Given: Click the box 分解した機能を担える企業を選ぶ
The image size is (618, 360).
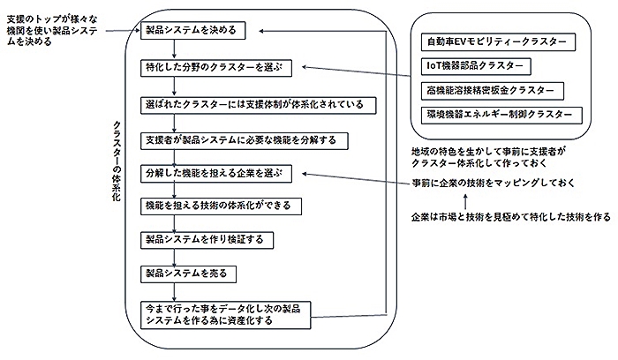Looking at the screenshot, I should [216, 172].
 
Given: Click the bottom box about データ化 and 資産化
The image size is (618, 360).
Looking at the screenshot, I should [228, 315].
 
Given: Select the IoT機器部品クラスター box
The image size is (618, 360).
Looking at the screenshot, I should [477, 66].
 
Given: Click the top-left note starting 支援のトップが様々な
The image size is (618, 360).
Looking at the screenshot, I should [52, 29].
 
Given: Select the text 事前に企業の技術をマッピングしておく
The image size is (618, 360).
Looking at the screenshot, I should [491, 183].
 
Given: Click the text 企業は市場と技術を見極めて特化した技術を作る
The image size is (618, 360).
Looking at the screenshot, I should [510, 217].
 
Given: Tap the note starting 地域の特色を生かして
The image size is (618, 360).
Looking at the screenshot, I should [487, 157].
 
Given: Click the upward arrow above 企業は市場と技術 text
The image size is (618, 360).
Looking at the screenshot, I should [467, 200].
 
